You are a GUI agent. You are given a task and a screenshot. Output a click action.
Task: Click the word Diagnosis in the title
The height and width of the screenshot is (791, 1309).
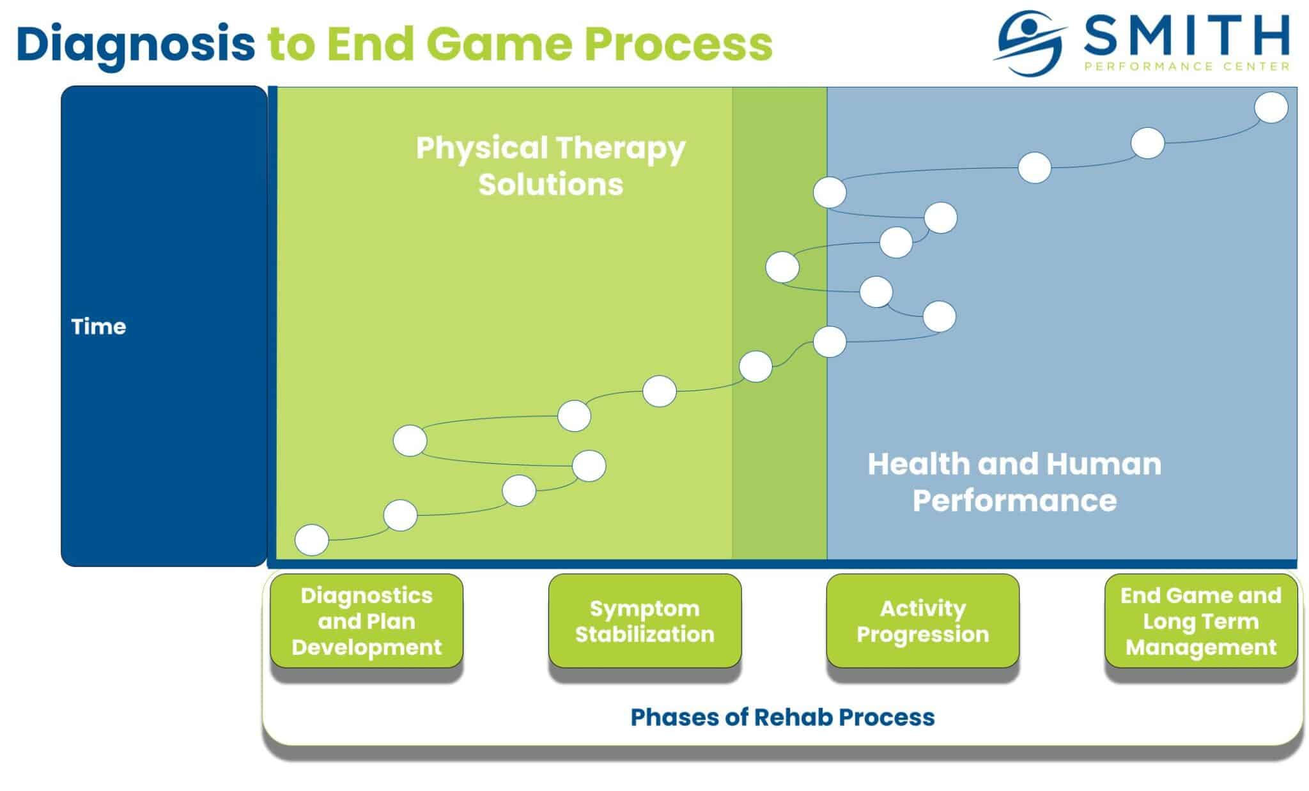136,43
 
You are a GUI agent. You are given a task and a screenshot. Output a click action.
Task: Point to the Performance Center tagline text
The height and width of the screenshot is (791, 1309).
1186,66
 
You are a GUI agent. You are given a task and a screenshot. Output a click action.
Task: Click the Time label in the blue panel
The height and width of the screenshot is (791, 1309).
98,326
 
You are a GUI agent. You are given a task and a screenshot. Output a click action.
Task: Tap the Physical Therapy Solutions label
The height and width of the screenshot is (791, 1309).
550,165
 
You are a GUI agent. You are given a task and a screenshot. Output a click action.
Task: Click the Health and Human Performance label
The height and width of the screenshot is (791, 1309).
1014,482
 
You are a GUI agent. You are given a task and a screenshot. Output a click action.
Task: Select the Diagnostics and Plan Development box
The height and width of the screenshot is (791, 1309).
366,621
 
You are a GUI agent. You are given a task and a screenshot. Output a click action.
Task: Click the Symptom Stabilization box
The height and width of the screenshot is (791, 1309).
644,621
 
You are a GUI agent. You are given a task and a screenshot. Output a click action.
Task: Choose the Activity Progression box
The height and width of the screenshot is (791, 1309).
922,621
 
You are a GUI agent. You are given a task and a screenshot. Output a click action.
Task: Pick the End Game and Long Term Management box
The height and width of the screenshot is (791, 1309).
1200,621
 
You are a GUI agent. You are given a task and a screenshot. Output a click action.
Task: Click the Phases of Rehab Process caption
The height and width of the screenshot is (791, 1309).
782,717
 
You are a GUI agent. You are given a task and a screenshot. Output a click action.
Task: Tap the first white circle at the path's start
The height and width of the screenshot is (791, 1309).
312,540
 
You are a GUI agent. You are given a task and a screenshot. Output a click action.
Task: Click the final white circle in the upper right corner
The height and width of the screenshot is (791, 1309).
1271,107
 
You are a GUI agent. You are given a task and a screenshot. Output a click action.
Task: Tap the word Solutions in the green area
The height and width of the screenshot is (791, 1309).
550,185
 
